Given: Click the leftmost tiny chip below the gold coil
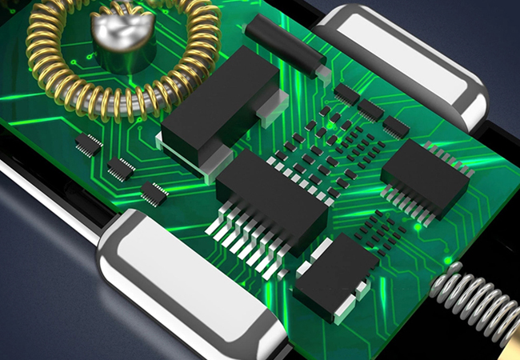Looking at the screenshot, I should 88,144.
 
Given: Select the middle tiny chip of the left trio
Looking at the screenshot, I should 121,169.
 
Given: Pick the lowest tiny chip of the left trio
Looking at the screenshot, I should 154,192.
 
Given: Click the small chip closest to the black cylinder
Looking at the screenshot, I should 346,94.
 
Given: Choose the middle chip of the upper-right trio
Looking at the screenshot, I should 370,110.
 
